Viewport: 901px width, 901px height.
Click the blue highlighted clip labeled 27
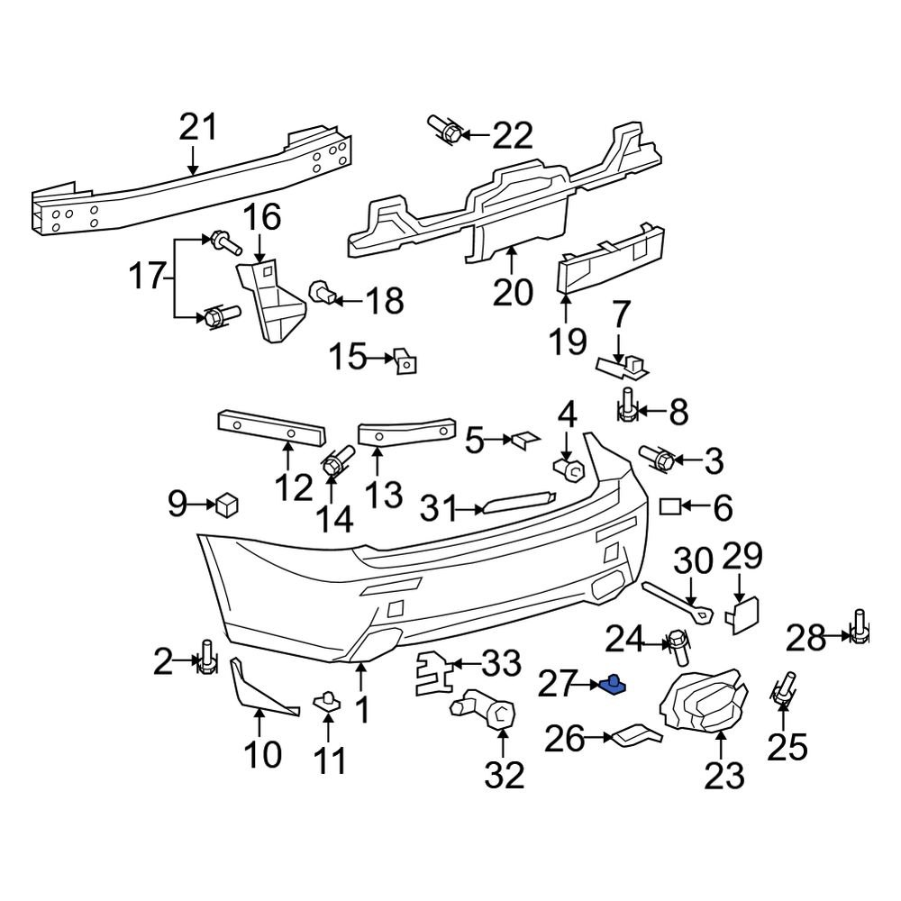pos(614,686)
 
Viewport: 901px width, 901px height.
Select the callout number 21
pos(198,129)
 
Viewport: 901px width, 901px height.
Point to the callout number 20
pos(513,293)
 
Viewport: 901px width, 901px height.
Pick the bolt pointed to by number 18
pos(323,292)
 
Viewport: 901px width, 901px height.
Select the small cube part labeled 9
pos(226,505)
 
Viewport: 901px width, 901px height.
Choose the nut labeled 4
pos(567,469)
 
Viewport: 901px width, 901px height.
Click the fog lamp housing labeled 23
pos(705,704)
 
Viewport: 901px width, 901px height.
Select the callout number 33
pos(501,665)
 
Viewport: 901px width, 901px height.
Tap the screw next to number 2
pos(206,660)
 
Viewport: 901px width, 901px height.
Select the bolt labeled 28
pos(859,630)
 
